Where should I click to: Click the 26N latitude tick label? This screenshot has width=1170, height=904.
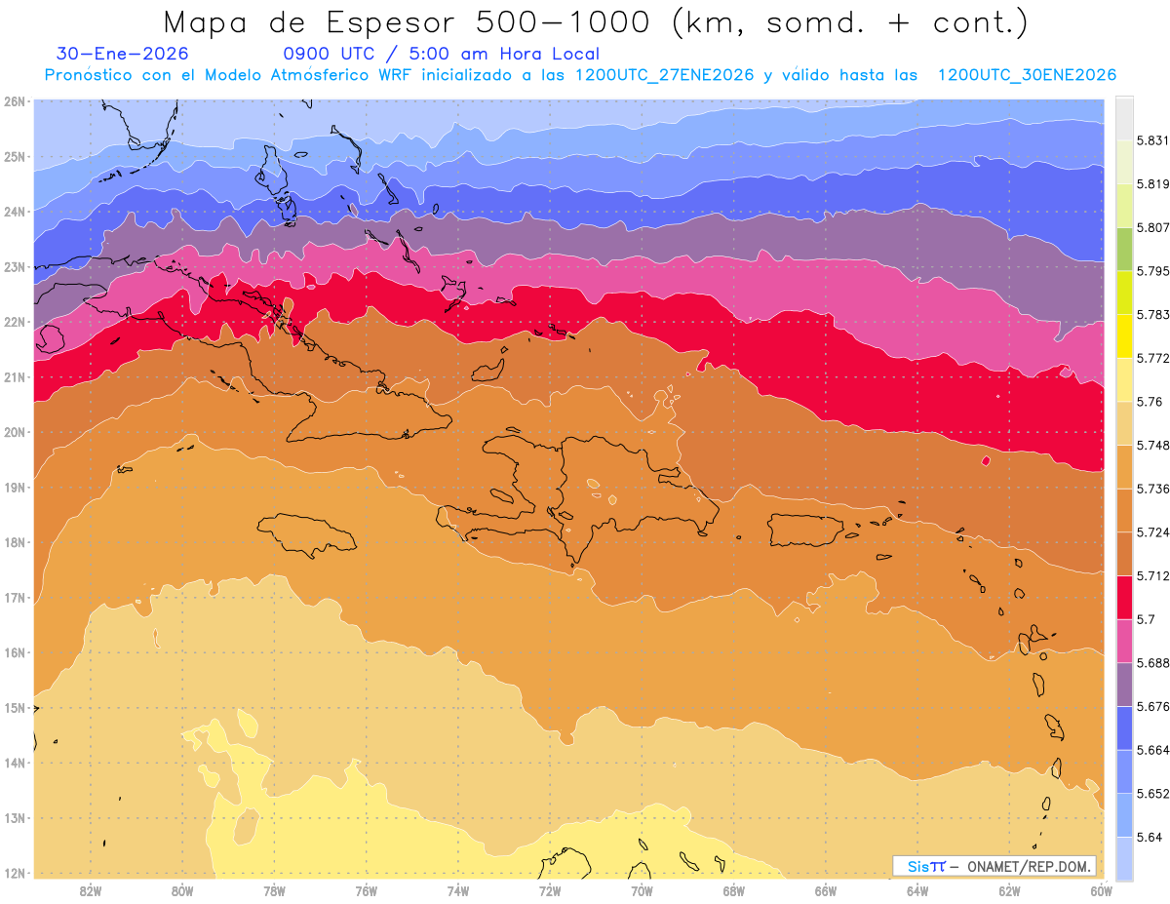point(15,101)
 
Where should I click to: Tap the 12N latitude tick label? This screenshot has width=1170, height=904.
point(15,873)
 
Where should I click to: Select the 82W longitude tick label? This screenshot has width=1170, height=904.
point(91,890)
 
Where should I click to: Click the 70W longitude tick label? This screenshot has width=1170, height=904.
point(642,890)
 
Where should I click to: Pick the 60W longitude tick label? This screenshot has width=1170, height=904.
point(1102,890)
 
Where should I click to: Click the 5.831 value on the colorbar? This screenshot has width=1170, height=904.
point(1150,141)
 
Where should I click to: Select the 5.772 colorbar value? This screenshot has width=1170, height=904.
point(1150,359)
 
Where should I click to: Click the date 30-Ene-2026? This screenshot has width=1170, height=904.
point(123,54)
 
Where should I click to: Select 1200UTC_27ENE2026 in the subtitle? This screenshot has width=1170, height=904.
point(664,75)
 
